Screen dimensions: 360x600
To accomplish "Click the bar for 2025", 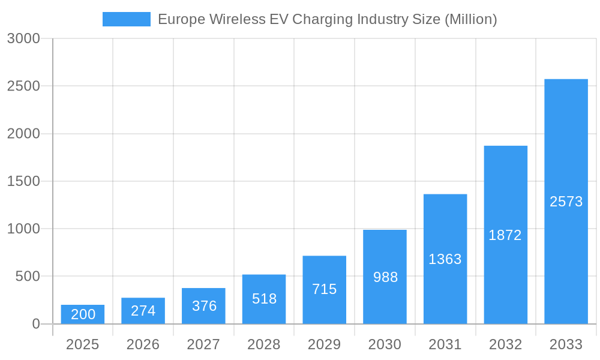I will [83, 314].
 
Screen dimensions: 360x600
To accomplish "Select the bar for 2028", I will [264, 299].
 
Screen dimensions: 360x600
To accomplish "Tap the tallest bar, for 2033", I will [566, 202].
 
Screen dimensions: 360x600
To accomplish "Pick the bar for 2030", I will [385, 277].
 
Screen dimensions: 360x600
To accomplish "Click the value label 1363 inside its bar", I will [445, 259].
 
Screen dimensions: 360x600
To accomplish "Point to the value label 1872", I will [505, 235].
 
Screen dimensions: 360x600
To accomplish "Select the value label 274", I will [143, 311].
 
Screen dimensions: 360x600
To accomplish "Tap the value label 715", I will [325, 289].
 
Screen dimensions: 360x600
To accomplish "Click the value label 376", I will [204, 306].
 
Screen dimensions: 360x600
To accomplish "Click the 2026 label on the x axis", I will [143, 344].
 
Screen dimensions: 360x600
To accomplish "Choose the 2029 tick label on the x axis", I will [325, 344].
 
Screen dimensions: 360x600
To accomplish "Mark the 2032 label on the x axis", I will [505, 344].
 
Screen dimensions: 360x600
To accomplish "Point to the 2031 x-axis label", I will [445, 344].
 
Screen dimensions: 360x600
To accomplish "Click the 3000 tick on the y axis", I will [23, 39].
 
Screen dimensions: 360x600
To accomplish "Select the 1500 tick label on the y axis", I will [23, 181].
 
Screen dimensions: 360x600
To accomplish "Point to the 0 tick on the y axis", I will [35, 324].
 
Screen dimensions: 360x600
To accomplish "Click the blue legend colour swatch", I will [127, 19].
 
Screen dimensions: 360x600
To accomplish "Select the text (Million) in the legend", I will [470, 19].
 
